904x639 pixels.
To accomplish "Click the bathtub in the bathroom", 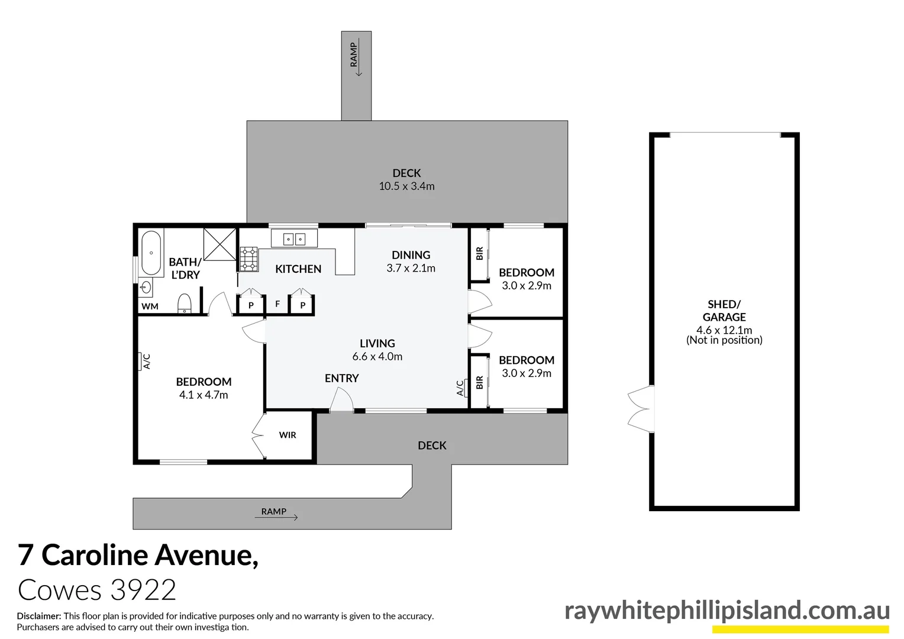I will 151,253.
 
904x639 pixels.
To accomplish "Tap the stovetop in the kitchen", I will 249,259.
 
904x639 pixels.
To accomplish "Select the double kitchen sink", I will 294,238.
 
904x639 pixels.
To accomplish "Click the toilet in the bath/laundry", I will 185,304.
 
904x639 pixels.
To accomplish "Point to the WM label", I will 150,306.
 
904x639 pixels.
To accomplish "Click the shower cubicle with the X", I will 219,244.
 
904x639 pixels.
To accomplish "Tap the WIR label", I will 288,435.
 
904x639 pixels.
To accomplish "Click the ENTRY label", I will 341,378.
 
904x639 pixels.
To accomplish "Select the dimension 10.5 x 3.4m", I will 406,186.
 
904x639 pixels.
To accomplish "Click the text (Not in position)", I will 724,340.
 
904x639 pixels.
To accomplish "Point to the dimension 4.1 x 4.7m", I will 204,395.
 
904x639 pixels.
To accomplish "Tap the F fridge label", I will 277,304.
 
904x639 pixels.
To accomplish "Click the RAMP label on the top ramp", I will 354,54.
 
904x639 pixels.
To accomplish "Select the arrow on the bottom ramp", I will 276,518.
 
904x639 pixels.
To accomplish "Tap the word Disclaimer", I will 39,616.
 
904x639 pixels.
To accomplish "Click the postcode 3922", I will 143,590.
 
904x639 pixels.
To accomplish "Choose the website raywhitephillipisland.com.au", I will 727,611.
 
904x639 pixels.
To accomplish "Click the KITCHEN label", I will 298,269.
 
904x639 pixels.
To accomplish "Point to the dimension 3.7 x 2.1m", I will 411,269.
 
